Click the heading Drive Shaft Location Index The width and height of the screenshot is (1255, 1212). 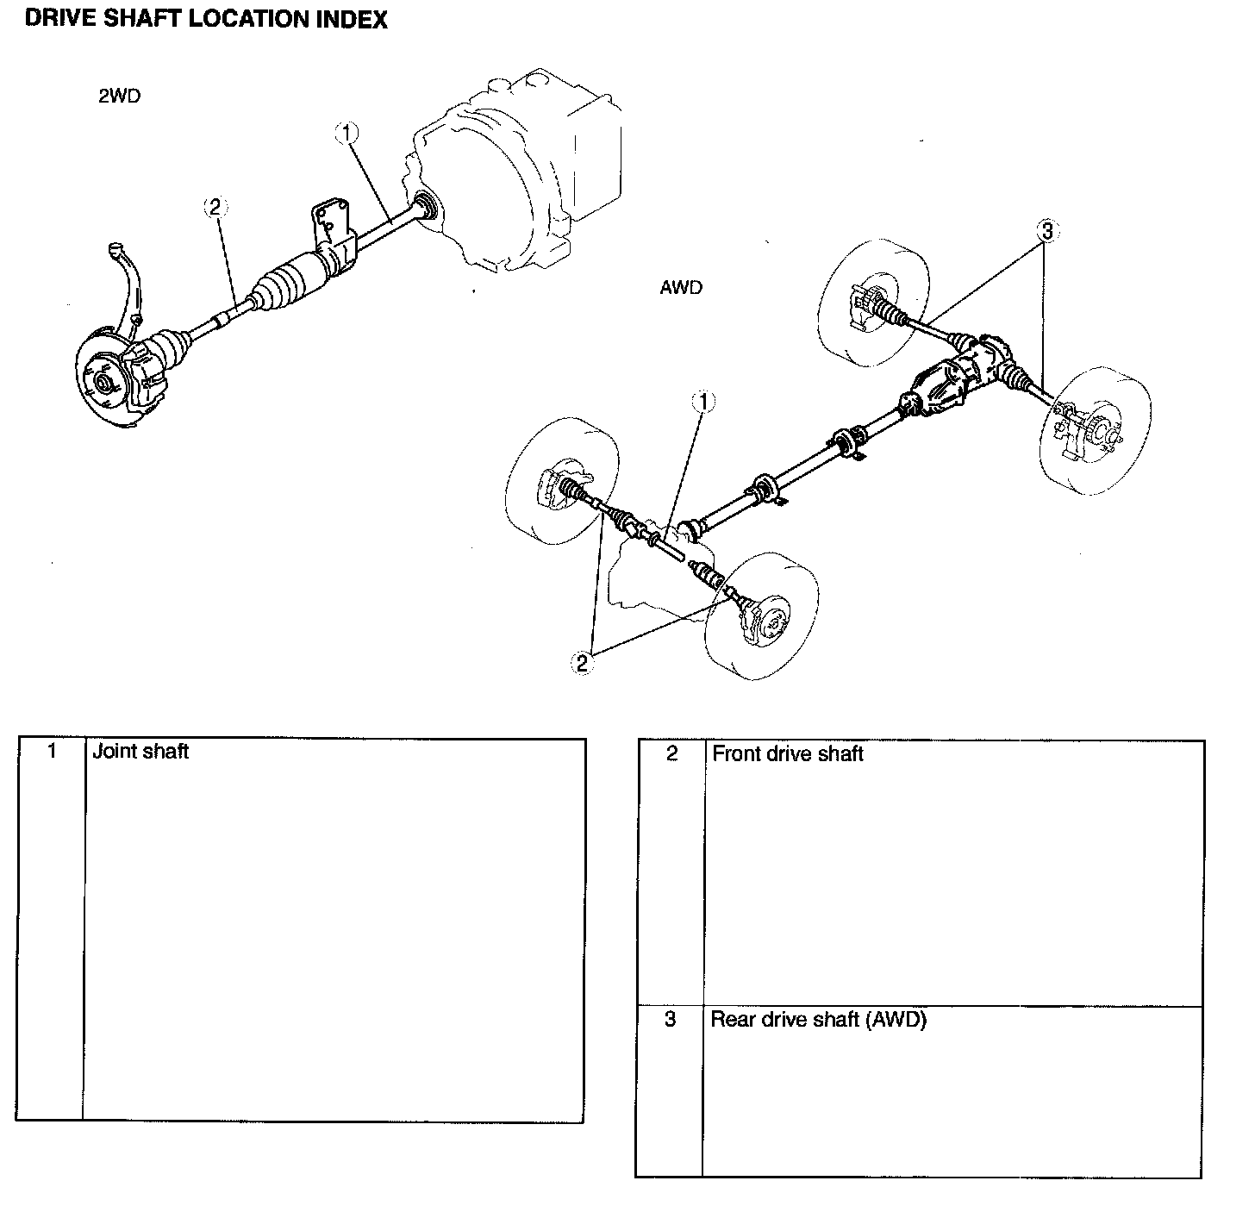(x=206, y=19)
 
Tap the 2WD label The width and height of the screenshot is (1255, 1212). (x=119, y=96)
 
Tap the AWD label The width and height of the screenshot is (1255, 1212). (x=681, y=287)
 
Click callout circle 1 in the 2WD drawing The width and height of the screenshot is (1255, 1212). (x=346, y=132)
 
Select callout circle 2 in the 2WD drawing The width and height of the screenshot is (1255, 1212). (x=215, y=206)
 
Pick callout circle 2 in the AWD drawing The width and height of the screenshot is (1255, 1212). (x=583, y=662)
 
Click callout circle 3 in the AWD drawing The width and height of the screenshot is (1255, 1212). (x=1047, y=230)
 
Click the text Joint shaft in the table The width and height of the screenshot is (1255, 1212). (x=140, y=751)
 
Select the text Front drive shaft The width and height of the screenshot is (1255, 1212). (x=787, y=754)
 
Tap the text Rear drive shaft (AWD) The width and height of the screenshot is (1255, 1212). (x=818, y=1020)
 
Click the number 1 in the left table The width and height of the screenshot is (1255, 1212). (x=52, y=751)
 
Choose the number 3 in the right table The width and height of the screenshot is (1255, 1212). (x=671, y=1020)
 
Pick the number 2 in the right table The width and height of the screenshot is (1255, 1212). (x=671, y=754)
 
